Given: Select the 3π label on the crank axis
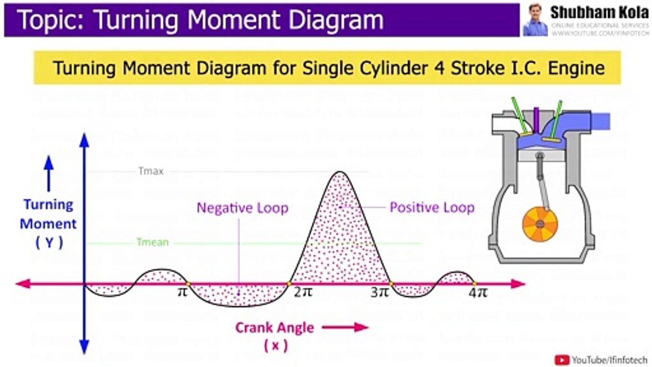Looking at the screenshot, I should tap(379, 293).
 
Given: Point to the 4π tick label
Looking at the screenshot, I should tap(478, 294).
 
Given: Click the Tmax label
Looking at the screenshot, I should tap(151, 171).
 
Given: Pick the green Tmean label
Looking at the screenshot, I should tap(152, 242).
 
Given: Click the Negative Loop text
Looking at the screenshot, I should tap(242, 208).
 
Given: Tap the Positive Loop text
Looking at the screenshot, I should tap(432, 207).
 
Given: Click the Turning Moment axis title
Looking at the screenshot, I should tap(49, 214).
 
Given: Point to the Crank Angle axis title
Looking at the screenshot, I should tap(274, 328).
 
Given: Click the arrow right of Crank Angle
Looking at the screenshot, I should tap(345, 327).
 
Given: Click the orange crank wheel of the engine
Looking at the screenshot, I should tap(540, 225).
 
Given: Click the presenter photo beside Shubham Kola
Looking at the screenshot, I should tap(535, 20).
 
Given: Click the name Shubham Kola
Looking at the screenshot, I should tap(599, 13).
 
